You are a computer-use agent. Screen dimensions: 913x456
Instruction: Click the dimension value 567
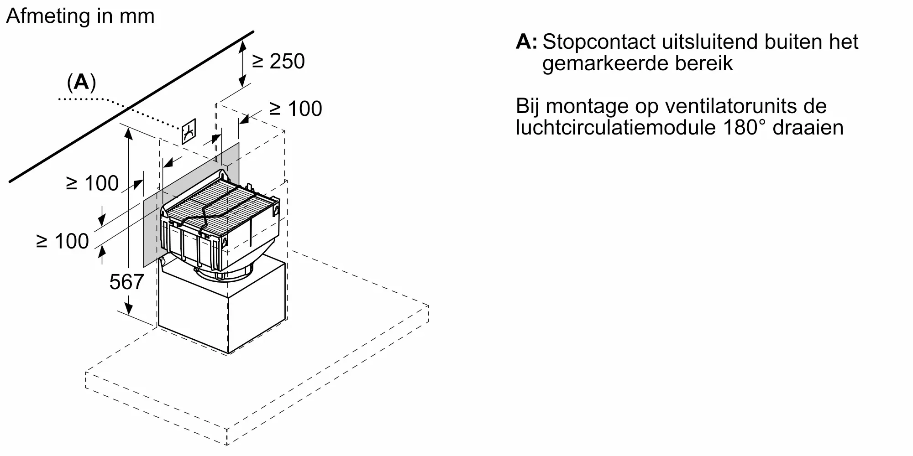coord(126,282)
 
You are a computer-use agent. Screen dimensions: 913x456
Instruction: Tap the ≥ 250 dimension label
coord(278,61)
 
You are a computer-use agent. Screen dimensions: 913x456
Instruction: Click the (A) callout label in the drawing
coord(81,82)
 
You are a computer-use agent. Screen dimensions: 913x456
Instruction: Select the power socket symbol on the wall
coord(189,131)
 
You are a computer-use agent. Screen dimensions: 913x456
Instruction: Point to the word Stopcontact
coord(598,42)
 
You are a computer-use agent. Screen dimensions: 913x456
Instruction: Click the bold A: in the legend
coord(526,42)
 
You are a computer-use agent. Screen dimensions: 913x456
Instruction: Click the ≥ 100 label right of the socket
coord(295,109)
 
